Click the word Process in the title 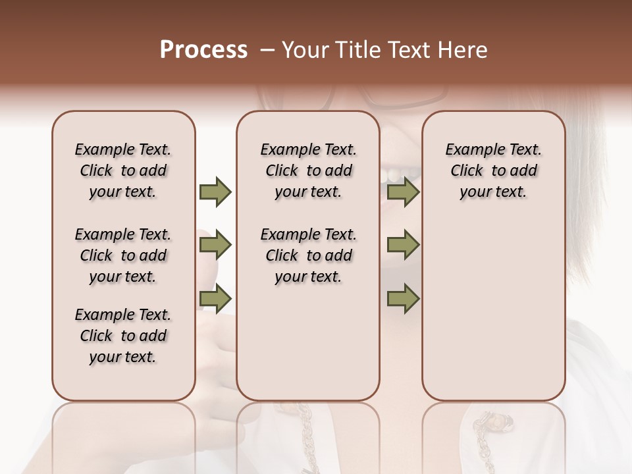pyautogui.click(x=203, y=50)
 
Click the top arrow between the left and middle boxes pyautogui.click(x=215, y=192)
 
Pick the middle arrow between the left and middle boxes pyautogui.click(x=215, y=245)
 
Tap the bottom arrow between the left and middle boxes pyautogui.click(x=215, y=299)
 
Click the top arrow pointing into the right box pyautogui.click(x=403, y=192)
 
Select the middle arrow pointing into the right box pyautogui.click(x=403, y=245)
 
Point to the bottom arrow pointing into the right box pyautogui.click(x=403, y=299)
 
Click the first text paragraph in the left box pyautogui.click(x=123, y=171)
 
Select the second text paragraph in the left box pyautogui.click(x=123, y=255)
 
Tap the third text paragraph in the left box pyautogui.click(x=123, y=336)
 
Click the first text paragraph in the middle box pyautogui.click(x=308, y=171)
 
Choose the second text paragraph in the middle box pyautogui.click(x=308, y=255)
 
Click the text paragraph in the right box pyautogui.click(x=493, y=171)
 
